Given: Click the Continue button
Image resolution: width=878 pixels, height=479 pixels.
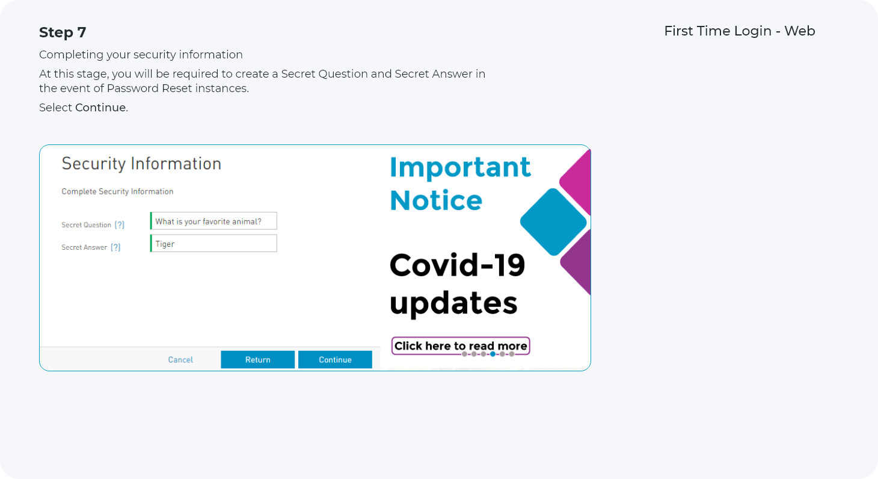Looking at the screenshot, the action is tap(335, 359).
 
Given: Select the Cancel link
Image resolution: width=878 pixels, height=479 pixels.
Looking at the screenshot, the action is tap(180, 360).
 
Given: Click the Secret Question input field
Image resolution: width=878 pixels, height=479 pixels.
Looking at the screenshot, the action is tap(213, 221).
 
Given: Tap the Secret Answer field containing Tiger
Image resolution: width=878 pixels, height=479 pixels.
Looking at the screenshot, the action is tap(213, 243).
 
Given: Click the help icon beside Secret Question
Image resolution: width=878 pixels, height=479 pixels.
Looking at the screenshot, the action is tap(120, 225).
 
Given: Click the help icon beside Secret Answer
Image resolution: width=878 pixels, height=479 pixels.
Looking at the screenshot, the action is tap(115, 247).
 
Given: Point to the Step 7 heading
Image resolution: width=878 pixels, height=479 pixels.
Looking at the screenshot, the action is tap(63, 32).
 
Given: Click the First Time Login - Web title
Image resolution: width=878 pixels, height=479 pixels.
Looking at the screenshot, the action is tap(740, 31).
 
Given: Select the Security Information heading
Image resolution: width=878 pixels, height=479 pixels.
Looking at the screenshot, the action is tap(141, 164).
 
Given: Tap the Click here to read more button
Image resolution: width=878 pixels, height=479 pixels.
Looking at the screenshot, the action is tap(461, 346).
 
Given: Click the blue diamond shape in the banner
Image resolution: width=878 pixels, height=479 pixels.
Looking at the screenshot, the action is tap(553, 222).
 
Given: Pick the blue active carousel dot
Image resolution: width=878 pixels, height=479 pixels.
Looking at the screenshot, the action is tap(493, 354).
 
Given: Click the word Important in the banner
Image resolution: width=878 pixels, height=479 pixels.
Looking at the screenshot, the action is tap(461, 167).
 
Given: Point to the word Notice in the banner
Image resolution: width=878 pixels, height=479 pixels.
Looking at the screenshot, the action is tap(436, 200).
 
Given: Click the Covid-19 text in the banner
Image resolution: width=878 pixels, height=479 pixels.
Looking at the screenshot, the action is tap(458, 265).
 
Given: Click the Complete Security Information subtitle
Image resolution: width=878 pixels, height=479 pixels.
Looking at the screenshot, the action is tap(117, 191).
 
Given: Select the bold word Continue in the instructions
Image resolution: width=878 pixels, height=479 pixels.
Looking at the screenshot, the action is tap(101, 108).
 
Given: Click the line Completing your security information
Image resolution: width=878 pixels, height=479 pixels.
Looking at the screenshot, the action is tap(141, 55).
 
